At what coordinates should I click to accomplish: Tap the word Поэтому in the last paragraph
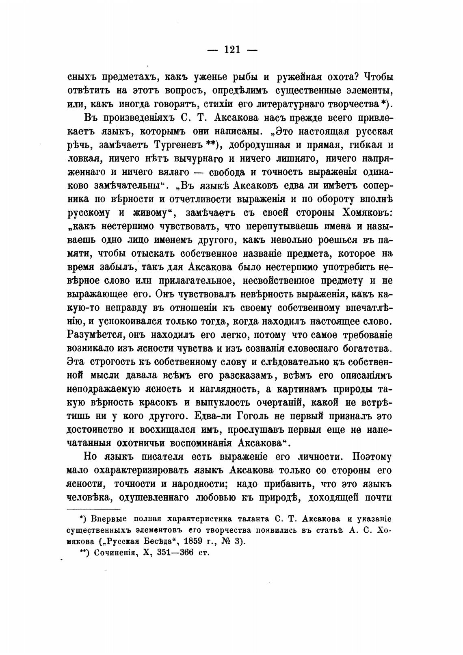[x=372, y=457]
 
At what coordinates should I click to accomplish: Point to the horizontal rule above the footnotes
[x=93, y=509]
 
